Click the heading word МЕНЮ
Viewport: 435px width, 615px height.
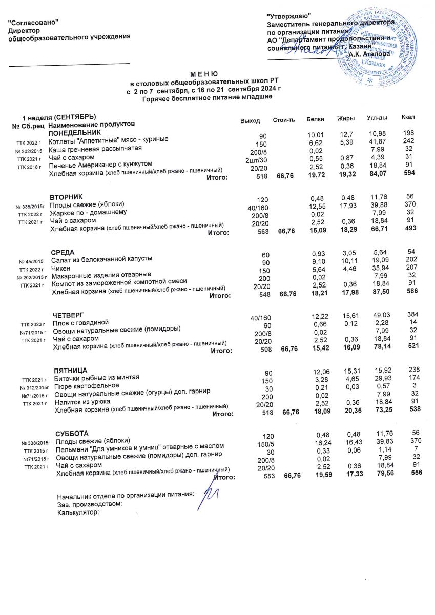click(x=204, y=74)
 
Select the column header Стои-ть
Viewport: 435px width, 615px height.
click(x=284, y=120)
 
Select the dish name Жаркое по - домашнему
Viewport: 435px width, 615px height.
click(x=88, y=212)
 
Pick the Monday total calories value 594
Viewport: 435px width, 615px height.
click(x=409, y=174)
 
